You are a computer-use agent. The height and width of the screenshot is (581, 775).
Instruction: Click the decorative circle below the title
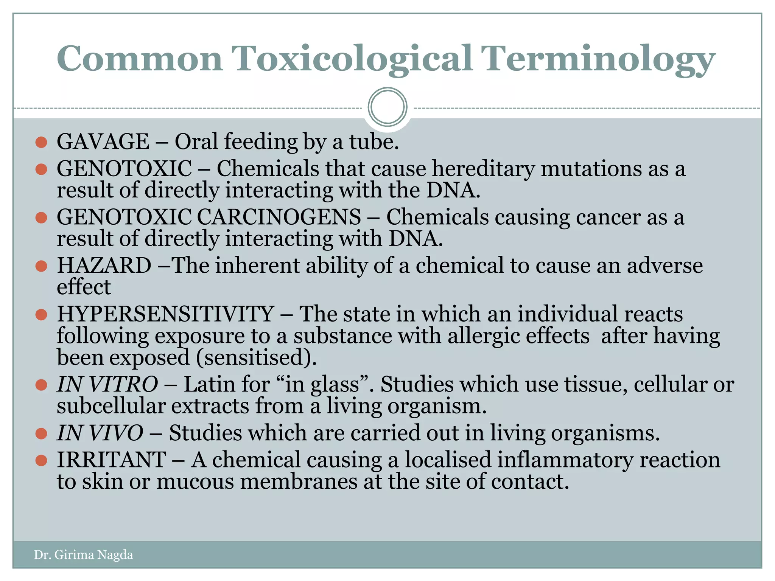point(387,107)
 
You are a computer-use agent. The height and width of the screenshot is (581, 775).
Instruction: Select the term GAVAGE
point(103,142)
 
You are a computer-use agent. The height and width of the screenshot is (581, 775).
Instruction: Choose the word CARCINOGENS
point(279,217)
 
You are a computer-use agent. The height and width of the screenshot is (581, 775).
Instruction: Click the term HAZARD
point(104,266)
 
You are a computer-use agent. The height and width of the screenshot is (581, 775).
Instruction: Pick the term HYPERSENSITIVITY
point(165,314)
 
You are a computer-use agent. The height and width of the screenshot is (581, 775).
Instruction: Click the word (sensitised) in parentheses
point(256,358)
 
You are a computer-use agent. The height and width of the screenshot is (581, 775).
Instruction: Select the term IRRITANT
point(111,460)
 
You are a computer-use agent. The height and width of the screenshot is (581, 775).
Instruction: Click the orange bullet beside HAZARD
point(41,266)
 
